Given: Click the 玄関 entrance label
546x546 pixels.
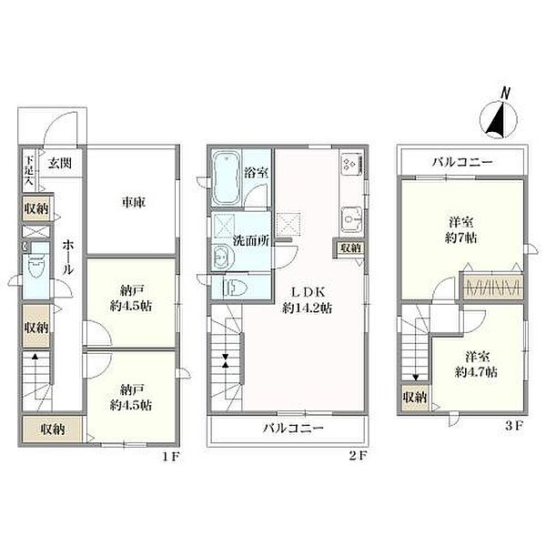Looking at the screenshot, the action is click(59, 163).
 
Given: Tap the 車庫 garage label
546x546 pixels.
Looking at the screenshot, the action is click(133, 202).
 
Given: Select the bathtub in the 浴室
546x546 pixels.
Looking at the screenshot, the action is click(226, 178).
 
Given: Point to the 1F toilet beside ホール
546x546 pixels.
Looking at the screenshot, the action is click(36, 266).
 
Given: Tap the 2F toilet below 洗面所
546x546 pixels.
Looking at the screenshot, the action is click(235, 288).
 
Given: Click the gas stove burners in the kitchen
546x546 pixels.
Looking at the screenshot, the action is click(351, 164).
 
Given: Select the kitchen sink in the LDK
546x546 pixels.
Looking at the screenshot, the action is click(351, 219).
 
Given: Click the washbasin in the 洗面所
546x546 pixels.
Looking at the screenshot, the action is click(220, 257).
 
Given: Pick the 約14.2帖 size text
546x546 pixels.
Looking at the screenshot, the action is click(307, 308).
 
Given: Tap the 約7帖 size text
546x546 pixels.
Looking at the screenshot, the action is click(460, 238).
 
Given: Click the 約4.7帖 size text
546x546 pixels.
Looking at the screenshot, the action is click(476, 372).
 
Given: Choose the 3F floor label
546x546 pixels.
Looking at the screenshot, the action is click(514, 426).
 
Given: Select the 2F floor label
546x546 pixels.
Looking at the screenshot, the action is click(358, 456).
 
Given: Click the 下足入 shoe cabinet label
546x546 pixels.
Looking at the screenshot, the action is click(29, 170).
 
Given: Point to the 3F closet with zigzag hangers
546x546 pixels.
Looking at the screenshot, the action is click(492, 287).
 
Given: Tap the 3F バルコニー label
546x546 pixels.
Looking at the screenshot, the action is click(462, 162).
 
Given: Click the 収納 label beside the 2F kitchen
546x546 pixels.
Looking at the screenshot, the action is click(350, 248).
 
